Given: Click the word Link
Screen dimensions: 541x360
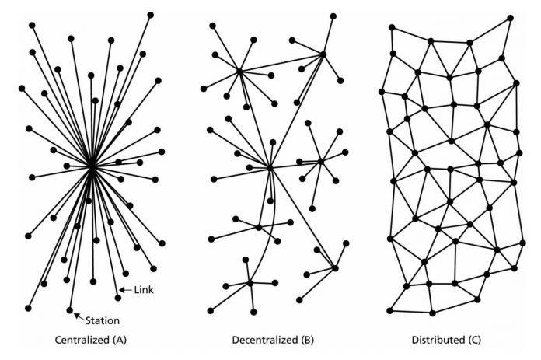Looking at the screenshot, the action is (144, 290).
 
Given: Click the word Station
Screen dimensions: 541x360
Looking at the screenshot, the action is (103, 320).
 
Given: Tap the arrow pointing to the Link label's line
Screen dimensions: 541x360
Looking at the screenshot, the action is (126, 290).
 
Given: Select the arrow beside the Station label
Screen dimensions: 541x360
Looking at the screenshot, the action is (79, 316).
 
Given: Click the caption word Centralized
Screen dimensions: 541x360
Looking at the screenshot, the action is (82, 340).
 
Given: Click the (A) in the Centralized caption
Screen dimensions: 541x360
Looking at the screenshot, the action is (120, 340).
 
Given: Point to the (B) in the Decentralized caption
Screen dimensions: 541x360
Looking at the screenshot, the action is (307, 340).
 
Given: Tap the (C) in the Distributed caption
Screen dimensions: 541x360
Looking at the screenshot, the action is (474, 340).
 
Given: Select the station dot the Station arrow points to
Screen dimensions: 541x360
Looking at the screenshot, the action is (70, 310).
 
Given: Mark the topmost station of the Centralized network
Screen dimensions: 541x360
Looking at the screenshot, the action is (151, 15).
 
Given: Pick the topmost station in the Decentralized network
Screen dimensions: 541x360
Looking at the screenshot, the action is (333, 16).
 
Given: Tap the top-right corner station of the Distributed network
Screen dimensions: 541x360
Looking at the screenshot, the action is (510, 18).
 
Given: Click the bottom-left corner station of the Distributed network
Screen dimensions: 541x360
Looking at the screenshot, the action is (390, 311).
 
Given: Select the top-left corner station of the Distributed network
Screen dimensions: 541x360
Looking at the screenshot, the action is (392, 27).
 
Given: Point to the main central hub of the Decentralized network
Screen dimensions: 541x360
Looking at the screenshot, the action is (270, 168).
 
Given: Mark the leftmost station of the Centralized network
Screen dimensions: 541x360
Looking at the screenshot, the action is (22, 89).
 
